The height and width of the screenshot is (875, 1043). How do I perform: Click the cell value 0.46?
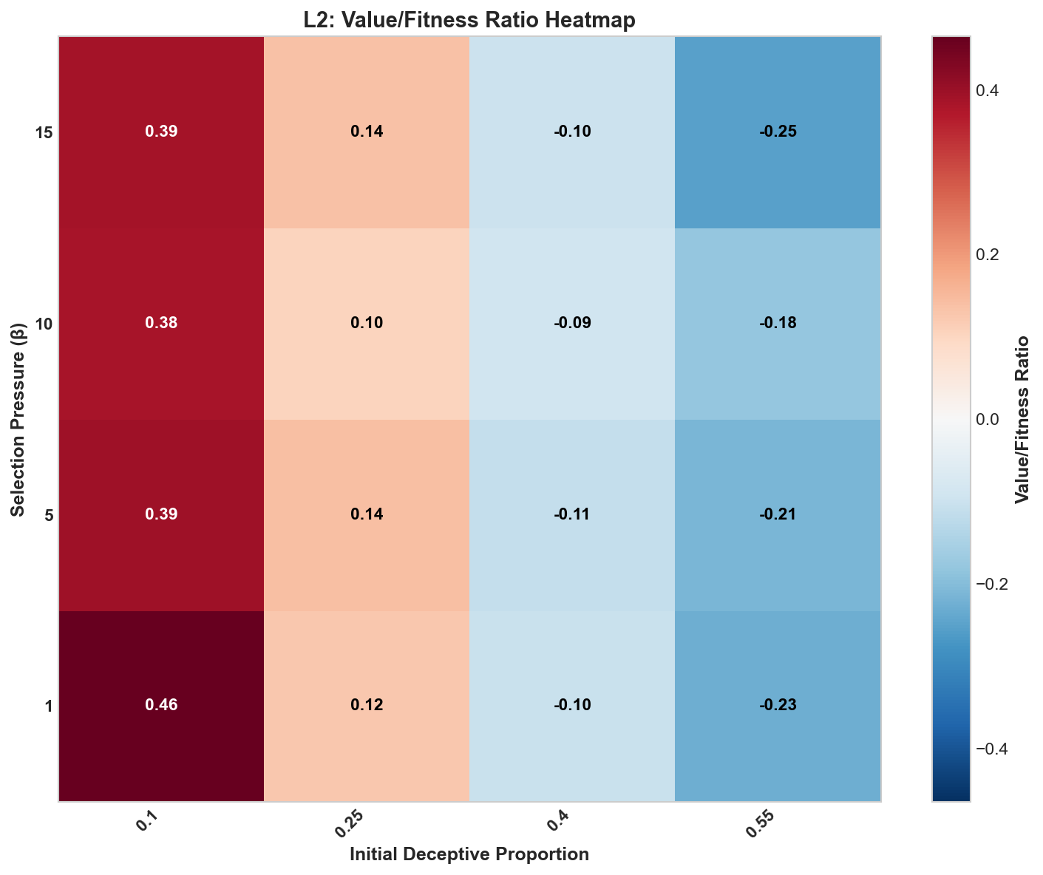point(161,705)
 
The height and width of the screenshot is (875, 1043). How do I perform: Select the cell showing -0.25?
point(778,132)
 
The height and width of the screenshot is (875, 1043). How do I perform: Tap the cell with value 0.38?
point(161,323)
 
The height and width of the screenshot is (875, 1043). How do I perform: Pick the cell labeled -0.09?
point(572,323)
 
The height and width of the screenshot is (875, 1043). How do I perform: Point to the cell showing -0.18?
point(778,323)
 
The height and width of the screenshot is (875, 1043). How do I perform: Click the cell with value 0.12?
point(367,705)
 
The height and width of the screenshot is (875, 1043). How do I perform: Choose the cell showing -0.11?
point(572,514)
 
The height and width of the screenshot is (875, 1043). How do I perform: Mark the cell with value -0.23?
point(778,705)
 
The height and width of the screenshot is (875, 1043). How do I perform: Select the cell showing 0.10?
point(367,323)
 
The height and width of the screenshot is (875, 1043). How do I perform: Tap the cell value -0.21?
point(778,514)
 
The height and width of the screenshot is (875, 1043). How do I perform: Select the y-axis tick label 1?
point(49,706)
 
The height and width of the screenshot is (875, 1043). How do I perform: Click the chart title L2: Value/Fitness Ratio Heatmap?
point(469,21)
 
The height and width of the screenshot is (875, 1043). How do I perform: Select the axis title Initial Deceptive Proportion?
point(469,855)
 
